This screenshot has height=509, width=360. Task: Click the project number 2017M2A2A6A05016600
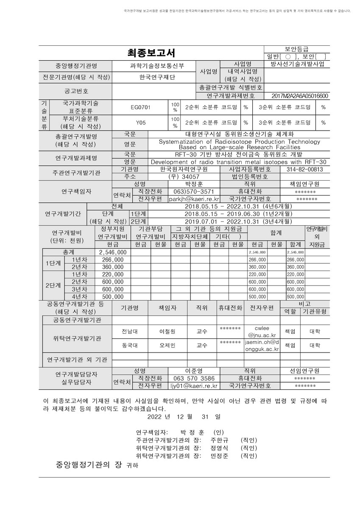299,96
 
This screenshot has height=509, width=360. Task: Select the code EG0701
140,107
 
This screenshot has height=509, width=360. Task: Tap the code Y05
140,123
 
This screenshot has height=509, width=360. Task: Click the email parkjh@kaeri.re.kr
193,199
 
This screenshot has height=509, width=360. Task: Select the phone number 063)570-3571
193,191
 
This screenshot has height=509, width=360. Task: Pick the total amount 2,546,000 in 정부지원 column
113,252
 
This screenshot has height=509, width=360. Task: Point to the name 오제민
167,345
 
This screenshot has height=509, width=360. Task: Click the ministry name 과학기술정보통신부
153,66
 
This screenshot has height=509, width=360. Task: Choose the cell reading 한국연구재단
153,77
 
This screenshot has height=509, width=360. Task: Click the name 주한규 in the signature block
219,440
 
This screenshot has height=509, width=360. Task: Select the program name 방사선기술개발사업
299,64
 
